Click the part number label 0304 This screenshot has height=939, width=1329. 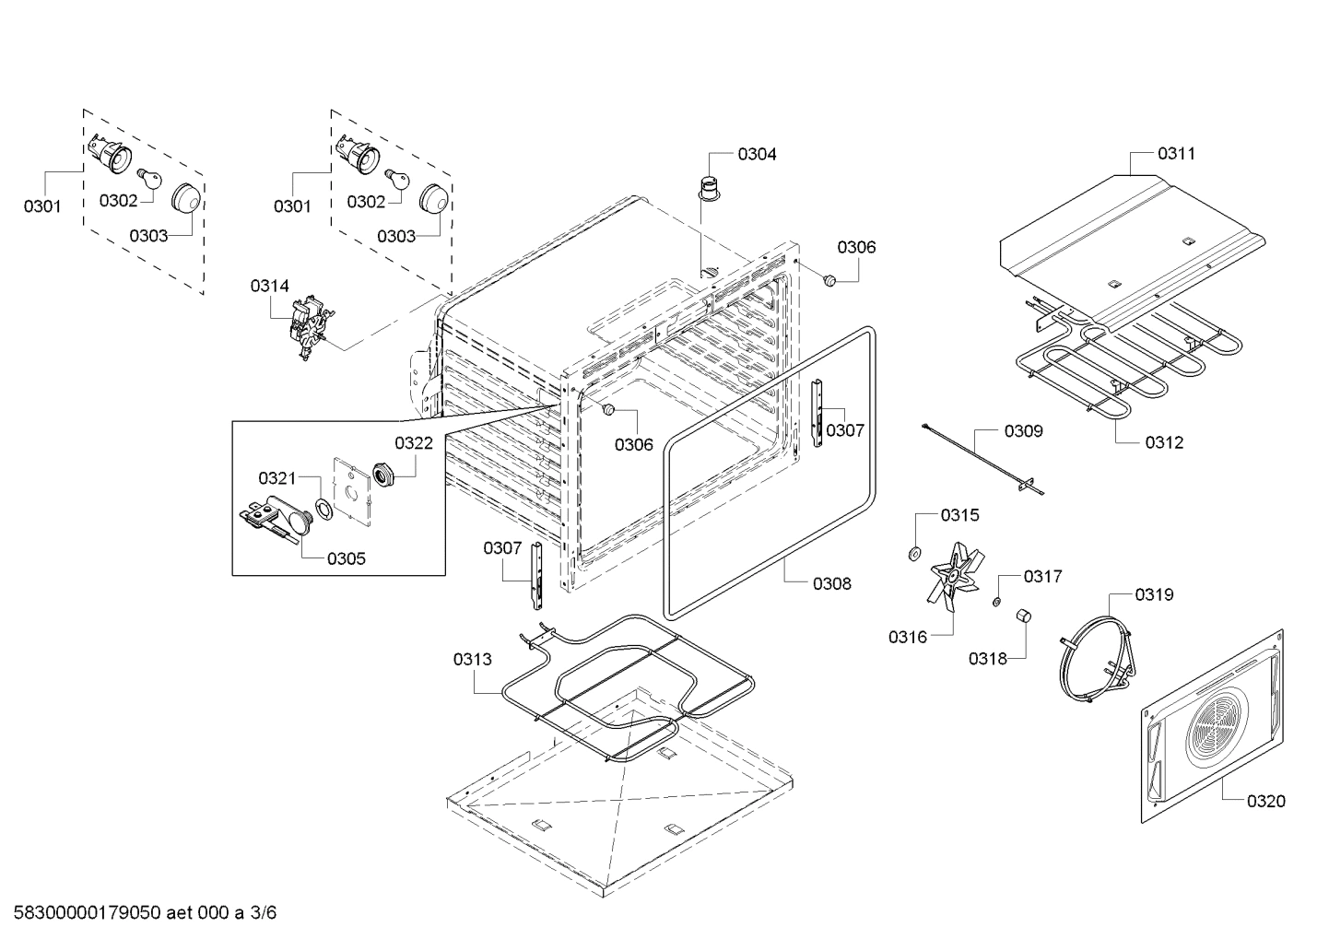coord(756,154)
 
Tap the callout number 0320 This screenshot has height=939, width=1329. coord(1265,801)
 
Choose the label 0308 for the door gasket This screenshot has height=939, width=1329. coord(831,582)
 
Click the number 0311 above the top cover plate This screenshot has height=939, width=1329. coord(1176,153)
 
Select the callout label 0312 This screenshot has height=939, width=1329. coord(1164,442)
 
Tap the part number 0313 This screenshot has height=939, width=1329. coord(472,659)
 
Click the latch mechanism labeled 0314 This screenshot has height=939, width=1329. coord(308,330)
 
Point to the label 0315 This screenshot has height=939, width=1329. coord(959,515)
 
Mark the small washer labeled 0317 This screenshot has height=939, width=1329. coord(997,602)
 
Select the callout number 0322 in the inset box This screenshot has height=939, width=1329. coord(414,443)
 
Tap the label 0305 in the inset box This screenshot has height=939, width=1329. coord(346,558)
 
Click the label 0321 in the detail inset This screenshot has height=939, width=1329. coord(276,477)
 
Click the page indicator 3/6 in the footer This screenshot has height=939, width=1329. coord(263,913)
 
